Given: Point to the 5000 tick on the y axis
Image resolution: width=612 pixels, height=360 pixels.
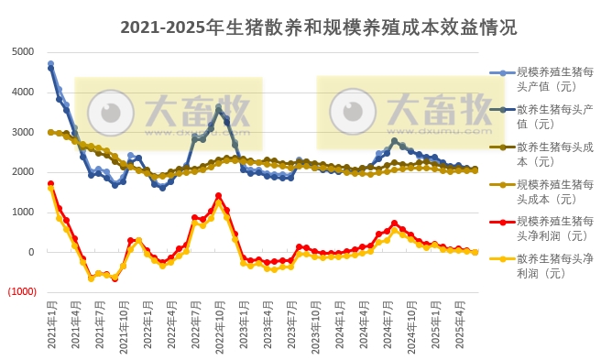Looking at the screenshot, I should coord(23,51).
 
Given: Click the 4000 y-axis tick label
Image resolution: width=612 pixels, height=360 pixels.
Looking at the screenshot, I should coord(23,92).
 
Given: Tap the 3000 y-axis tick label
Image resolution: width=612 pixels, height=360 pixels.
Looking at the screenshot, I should coord(23,132).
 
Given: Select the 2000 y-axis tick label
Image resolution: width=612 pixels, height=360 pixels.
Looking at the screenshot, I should coord(23,172).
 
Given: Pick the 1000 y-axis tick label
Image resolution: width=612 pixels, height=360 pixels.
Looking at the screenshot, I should coord(23,213).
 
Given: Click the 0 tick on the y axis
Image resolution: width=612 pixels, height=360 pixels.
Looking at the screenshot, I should coord(31,252).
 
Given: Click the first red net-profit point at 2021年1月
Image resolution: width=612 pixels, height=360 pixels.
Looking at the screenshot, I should coord(51,183).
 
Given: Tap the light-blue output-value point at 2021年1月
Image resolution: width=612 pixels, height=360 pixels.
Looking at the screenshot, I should coord(51,64).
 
